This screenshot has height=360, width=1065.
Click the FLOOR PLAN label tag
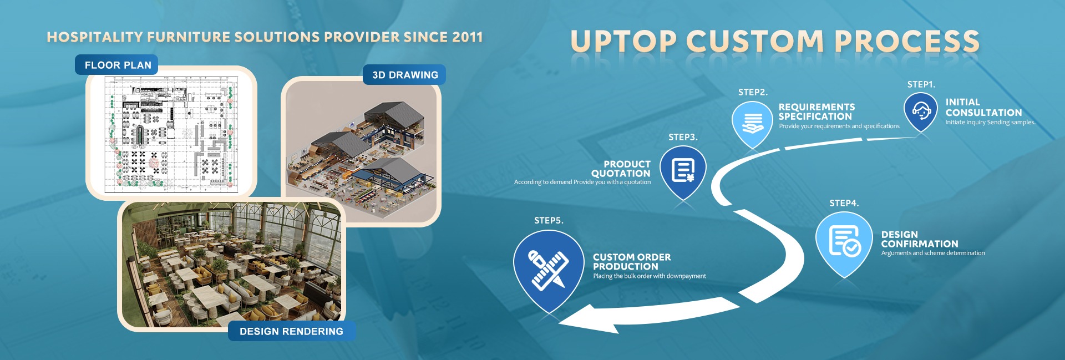tap(116, 65)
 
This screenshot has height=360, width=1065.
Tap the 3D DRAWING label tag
tap(404, 75)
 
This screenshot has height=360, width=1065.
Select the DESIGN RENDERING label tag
tap(291, 331)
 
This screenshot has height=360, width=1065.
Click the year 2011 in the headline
tap(467, 37)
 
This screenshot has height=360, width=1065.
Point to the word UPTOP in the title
tap(623, 42)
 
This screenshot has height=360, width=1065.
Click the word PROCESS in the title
tap(907, 42)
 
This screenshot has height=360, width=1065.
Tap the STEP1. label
tap(921, 84)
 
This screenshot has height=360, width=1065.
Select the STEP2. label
tap(753, 92)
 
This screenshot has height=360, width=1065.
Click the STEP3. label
tap(683, 137)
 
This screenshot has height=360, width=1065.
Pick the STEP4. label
tap(844, 203)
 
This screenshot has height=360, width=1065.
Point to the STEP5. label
tap(549, 220)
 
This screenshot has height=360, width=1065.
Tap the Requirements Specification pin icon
tap(752, 123)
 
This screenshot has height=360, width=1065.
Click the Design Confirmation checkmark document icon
tap(844, 241)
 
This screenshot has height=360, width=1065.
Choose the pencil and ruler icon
tap(549, 270)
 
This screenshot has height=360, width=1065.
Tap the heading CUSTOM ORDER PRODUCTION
tap(632, 262)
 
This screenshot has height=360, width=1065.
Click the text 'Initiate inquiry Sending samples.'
tap(990, 122)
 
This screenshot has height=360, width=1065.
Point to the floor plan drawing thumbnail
tap(171, 134)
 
